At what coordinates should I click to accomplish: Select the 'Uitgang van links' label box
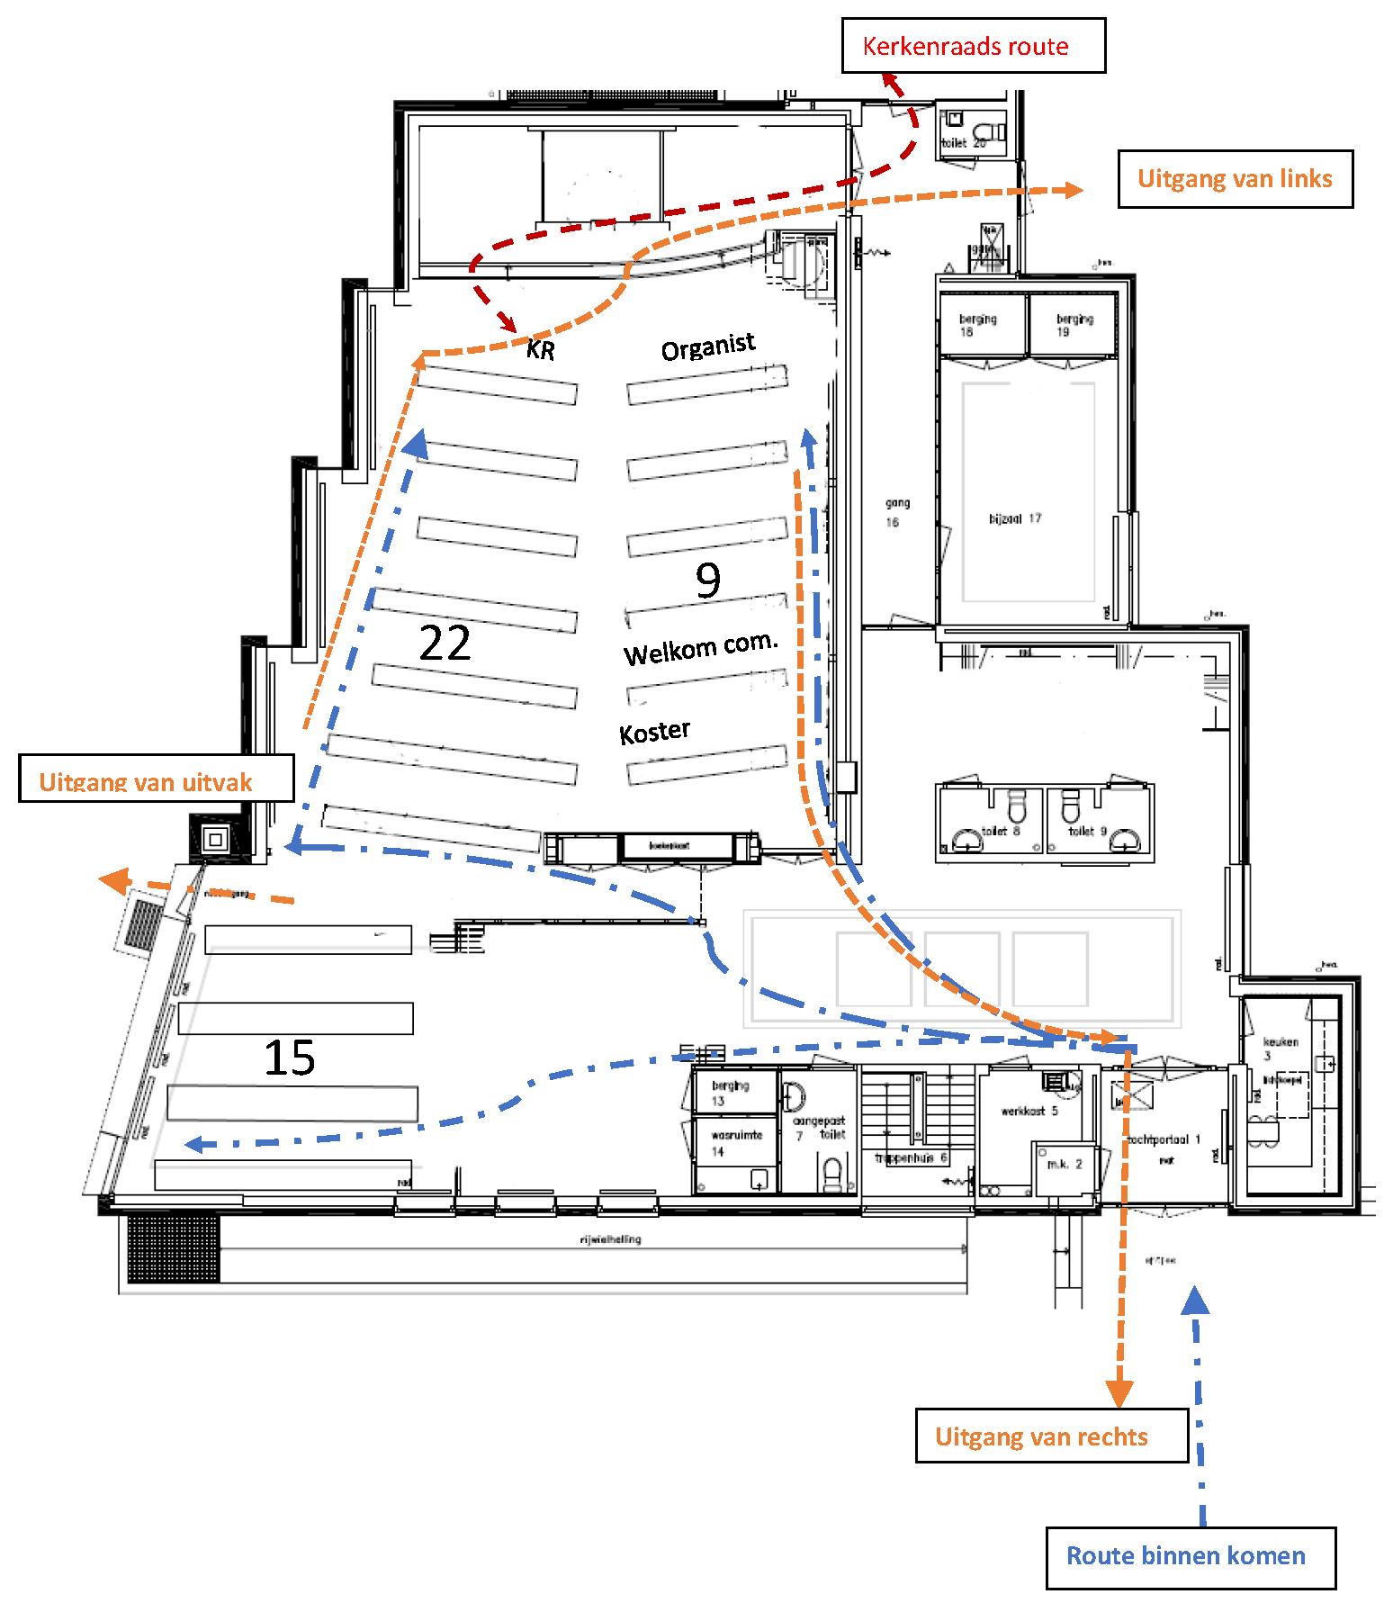click(1235, 179)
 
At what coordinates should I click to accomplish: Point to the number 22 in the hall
click(445, 643)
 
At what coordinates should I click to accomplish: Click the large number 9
click(708, 580)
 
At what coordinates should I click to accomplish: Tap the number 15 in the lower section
click(289, 1058)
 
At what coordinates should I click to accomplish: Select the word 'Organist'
click(708, 346)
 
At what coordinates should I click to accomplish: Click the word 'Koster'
click(654, 732)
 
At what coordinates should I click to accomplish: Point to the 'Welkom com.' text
click(700, 648)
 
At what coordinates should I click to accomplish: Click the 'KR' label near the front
click(541, 349)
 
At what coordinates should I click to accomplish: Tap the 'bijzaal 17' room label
click(1015, 518)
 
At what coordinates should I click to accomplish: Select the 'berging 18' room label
click(977, 325)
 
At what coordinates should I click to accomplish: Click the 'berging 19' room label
click(1074, 325)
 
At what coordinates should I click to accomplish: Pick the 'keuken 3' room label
click(1280, 1048)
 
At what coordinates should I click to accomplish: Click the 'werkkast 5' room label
click(1029, 1111)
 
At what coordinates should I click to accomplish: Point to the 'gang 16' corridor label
click(897, 512)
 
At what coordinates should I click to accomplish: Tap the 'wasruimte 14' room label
click(736, 1142)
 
